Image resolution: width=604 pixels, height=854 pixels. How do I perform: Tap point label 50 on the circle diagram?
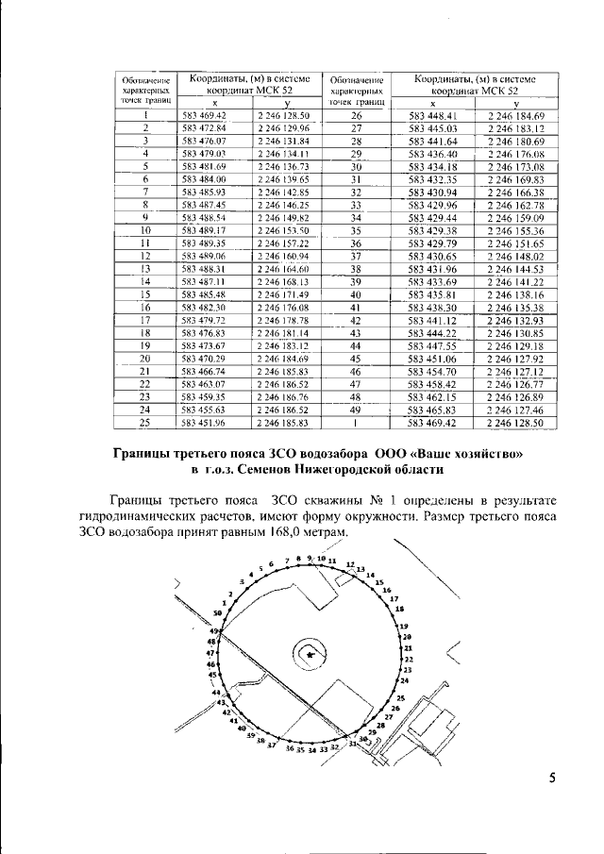point(217,612)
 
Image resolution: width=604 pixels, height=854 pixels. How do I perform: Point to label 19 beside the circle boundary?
point(404,627)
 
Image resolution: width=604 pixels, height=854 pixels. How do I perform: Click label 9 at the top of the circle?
point(310,559)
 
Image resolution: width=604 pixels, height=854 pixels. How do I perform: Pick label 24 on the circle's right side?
point(404,680)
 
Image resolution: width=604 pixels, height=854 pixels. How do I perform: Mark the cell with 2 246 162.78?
point(513,205)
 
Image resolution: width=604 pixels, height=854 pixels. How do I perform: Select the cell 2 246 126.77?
point(513,385)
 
